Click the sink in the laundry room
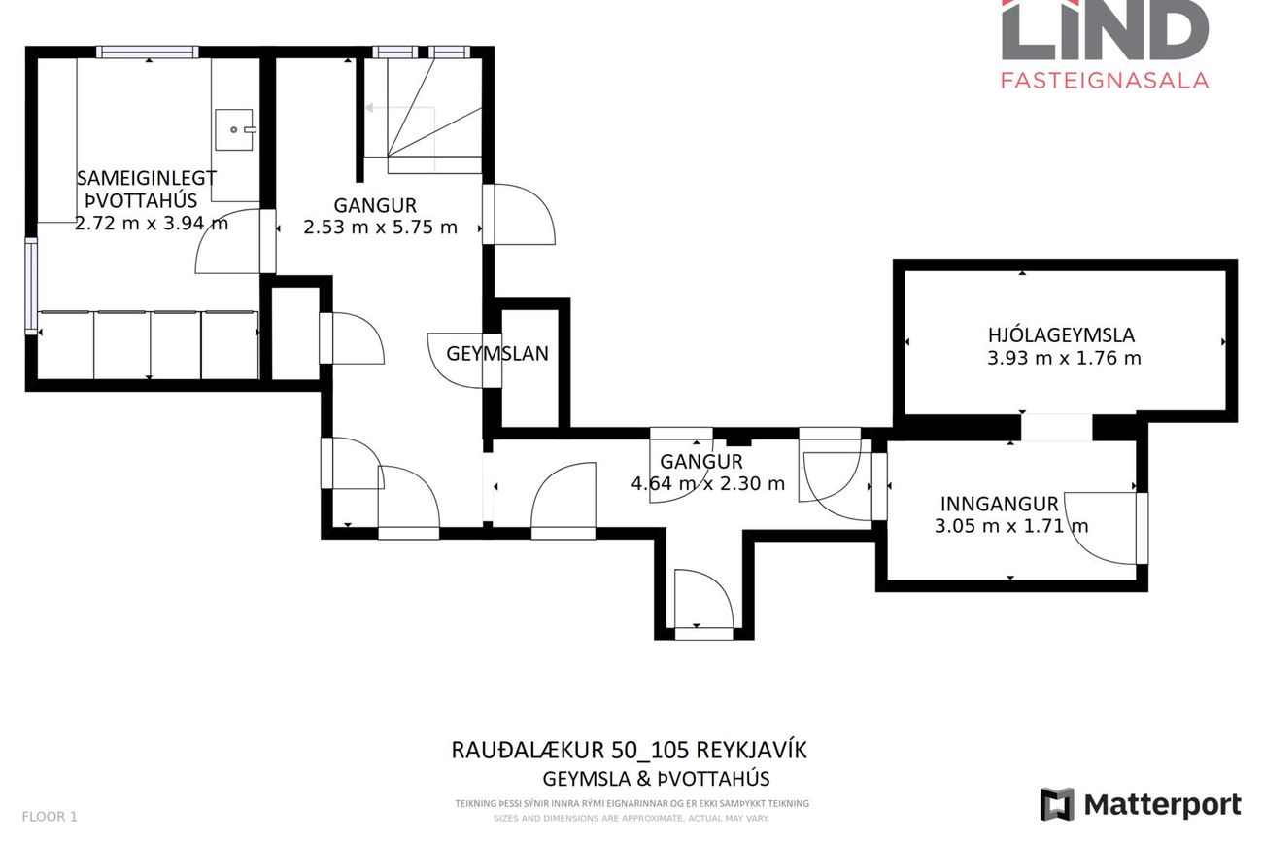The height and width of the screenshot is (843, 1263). click(x=234, y=129)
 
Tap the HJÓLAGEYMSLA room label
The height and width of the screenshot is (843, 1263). click(x=1061, y=335)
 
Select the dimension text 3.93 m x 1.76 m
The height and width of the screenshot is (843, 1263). click(x=1064, y=358)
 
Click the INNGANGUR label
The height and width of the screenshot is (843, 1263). click(x=999, y=504)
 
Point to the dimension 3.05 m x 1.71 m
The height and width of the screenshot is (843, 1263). click(x=1011, y=526)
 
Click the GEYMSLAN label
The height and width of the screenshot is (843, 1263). click(x=497, y=354)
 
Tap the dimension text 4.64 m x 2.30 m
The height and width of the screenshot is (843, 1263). click(x=707, y=483)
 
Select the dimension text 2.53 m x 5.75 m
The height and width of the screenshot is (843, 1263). click(x=380, y=227)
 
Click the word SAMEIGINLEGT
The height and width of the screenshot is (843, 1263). click(x=146, y=178)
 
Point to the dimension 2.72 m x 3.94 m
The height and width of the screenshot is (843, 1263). click(x=152, y=224)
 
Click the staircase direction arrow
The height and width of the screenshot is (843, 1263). click(x=400, y=107)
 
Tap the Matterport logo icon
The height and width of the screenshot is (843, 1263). click(x=1057, y=804)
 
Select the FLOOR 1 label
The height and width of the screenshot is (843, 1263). click(x=50, y=817)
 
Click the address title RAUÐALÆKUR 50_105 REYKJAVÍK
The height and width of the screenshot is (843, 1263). click(x=630, y=750)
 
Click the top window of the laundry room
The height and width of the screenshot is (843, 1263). click(x=147, y=52)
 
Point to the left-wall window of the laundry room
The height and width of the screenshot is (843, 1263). click(x=31, y=286)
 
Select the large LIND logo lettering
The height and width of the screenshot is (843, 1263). click(x=1106, y=29)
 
